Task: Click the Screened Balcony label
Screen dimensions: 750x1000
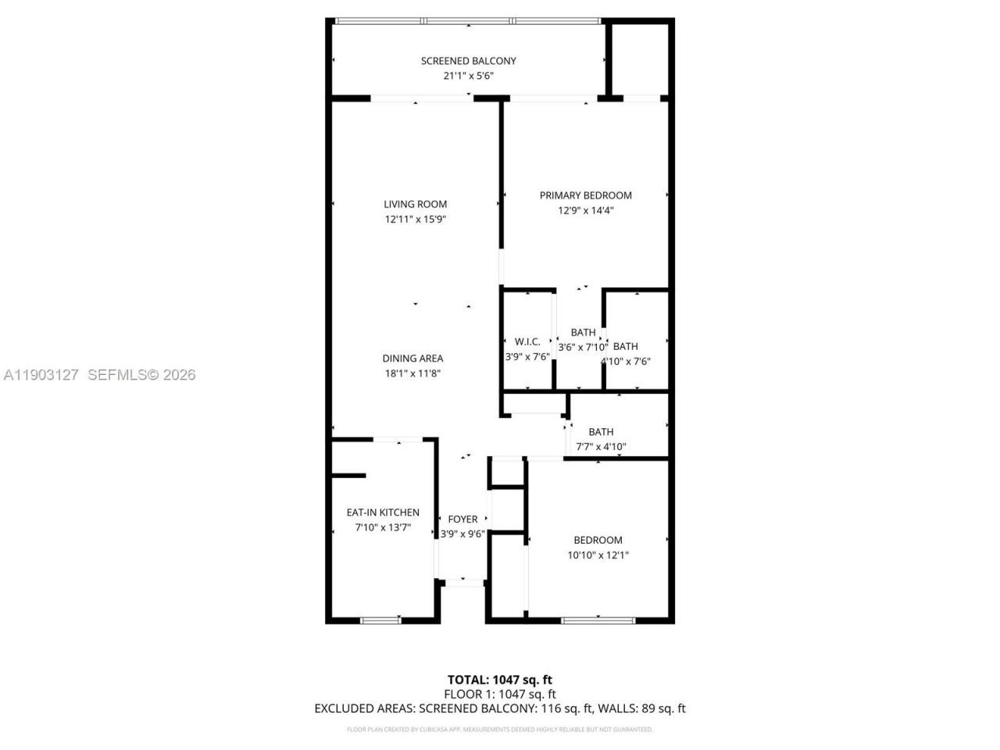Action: (x=468, y=61)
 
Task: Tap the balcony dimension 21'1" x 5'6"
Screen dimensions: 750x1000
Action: (x=468, y=76)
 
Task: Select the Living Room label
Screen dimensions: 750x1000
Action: (x=415, y=205)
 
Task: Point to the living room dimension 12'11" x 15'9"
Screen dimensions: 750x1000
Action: (x=415, y=220)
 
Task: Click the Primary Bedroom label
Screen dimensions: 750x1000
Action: (x=585, y=195)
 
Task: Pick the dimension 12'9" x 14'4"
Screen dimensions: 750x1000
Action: (x=585, y=210)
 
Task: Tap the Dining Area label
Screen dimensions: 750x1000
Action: (x=412, y=359)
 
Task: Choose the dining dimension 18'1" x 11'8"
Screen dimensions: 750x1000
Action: (x=412, y=373)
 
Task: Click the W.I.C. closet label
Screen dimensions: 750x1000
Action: (x=527, y=342)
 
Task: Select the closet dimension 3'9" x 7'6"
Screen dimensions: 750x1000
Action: (x=527, y=356)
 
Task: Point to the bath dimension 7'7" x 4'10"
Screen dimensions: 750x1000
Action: (x=601, y=447)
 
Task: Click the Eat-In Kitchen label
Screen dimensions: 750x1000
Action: (x=383, y=512)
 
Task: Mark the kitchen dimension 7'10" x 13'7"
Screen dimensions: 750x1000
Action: (x=383, y=528)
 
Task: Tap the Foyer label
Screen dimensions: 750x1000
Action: (x=462, y=520)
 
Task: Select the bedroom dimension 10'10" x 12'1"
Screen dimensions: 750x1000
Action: (x=598, y=555)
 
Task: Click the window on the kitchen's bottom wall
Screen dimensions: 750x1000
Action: (x=380, y=620)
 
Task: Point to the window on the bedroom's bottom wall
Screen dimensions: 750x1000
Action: (x=598, y=620)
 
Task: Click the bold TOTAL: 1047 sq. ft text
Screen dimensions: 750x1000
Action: (x=499, y=680)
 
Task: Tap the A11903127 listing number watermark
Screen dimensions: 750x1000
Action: (x=41, y=375)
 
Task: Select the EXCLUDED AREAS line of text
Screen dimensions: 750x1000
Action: (x=499, y=709)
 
